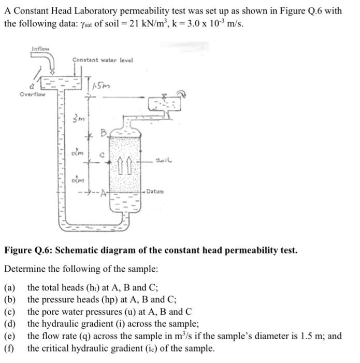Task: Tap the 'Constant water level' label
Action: (103, 60)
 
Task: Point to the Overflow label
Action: (32, 95)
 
